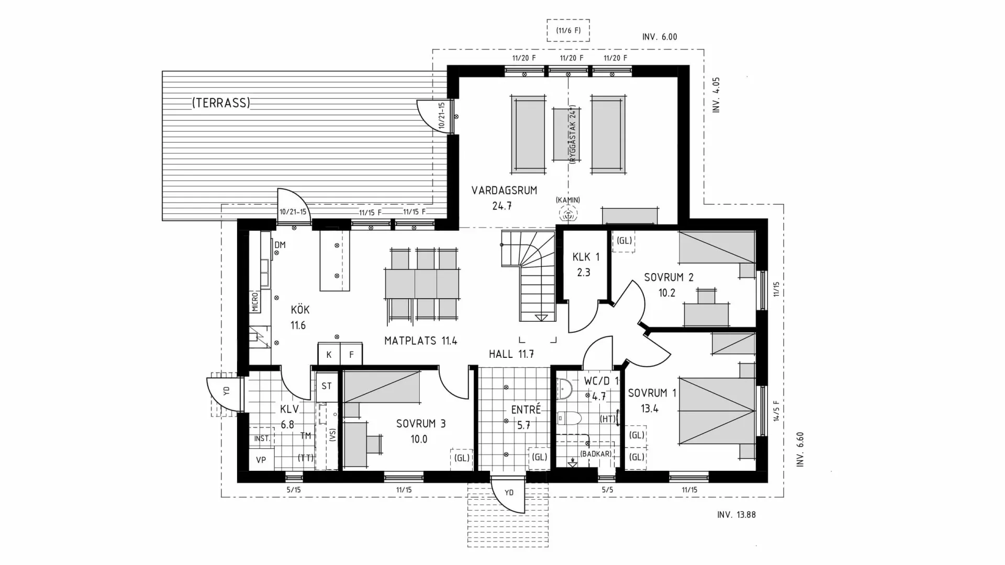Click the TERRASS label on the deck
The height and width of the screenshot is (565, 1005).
click(x=221, y=103)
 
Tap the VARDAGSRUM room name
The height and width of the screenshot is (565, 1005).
click(x=504, y=190)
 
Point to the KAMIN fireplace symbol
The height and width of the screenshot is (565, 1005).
click(x=567, y=213)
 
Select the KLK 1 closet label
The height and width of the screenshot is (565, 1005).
click(x=586, y=257)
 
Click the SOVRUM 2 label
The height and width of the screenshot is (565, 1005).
click(x=668, y=277)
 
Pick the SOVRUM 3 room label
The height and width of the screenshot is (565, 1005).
click(x=421, y=424)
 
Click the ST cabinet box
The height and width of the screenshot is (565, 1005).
click(x=327, y=387)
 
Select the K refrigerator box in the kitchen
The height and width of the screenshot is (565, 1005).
click(x=329, y=354)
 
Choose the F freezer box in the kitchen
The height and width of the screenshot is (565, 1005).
click(x=351, y=354)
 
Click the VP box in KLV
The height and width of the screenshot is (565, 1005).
click(x=261, y=460)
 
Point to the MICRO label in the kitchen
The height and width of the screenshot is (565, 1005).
click(x=255, y=302)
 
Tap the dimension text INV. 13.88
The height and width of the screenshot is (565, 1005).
click(x=736, y=515)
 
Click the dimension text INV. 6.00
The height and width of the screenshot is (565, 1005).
click(x=660, y=37)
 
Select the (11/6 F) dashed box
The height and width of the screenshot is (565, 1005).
click(x=568, y=30)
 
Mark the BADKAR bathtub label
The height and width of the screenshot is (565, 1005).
click(x=596, y=454)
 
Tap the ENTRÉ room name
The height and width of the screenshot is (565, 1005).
click(x=526, y=409)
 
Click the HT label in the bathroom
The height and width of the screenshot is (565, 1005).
click(x=608, y=419)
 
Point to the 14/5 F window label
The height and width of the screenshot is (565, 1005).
click(x=777, y=411)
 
